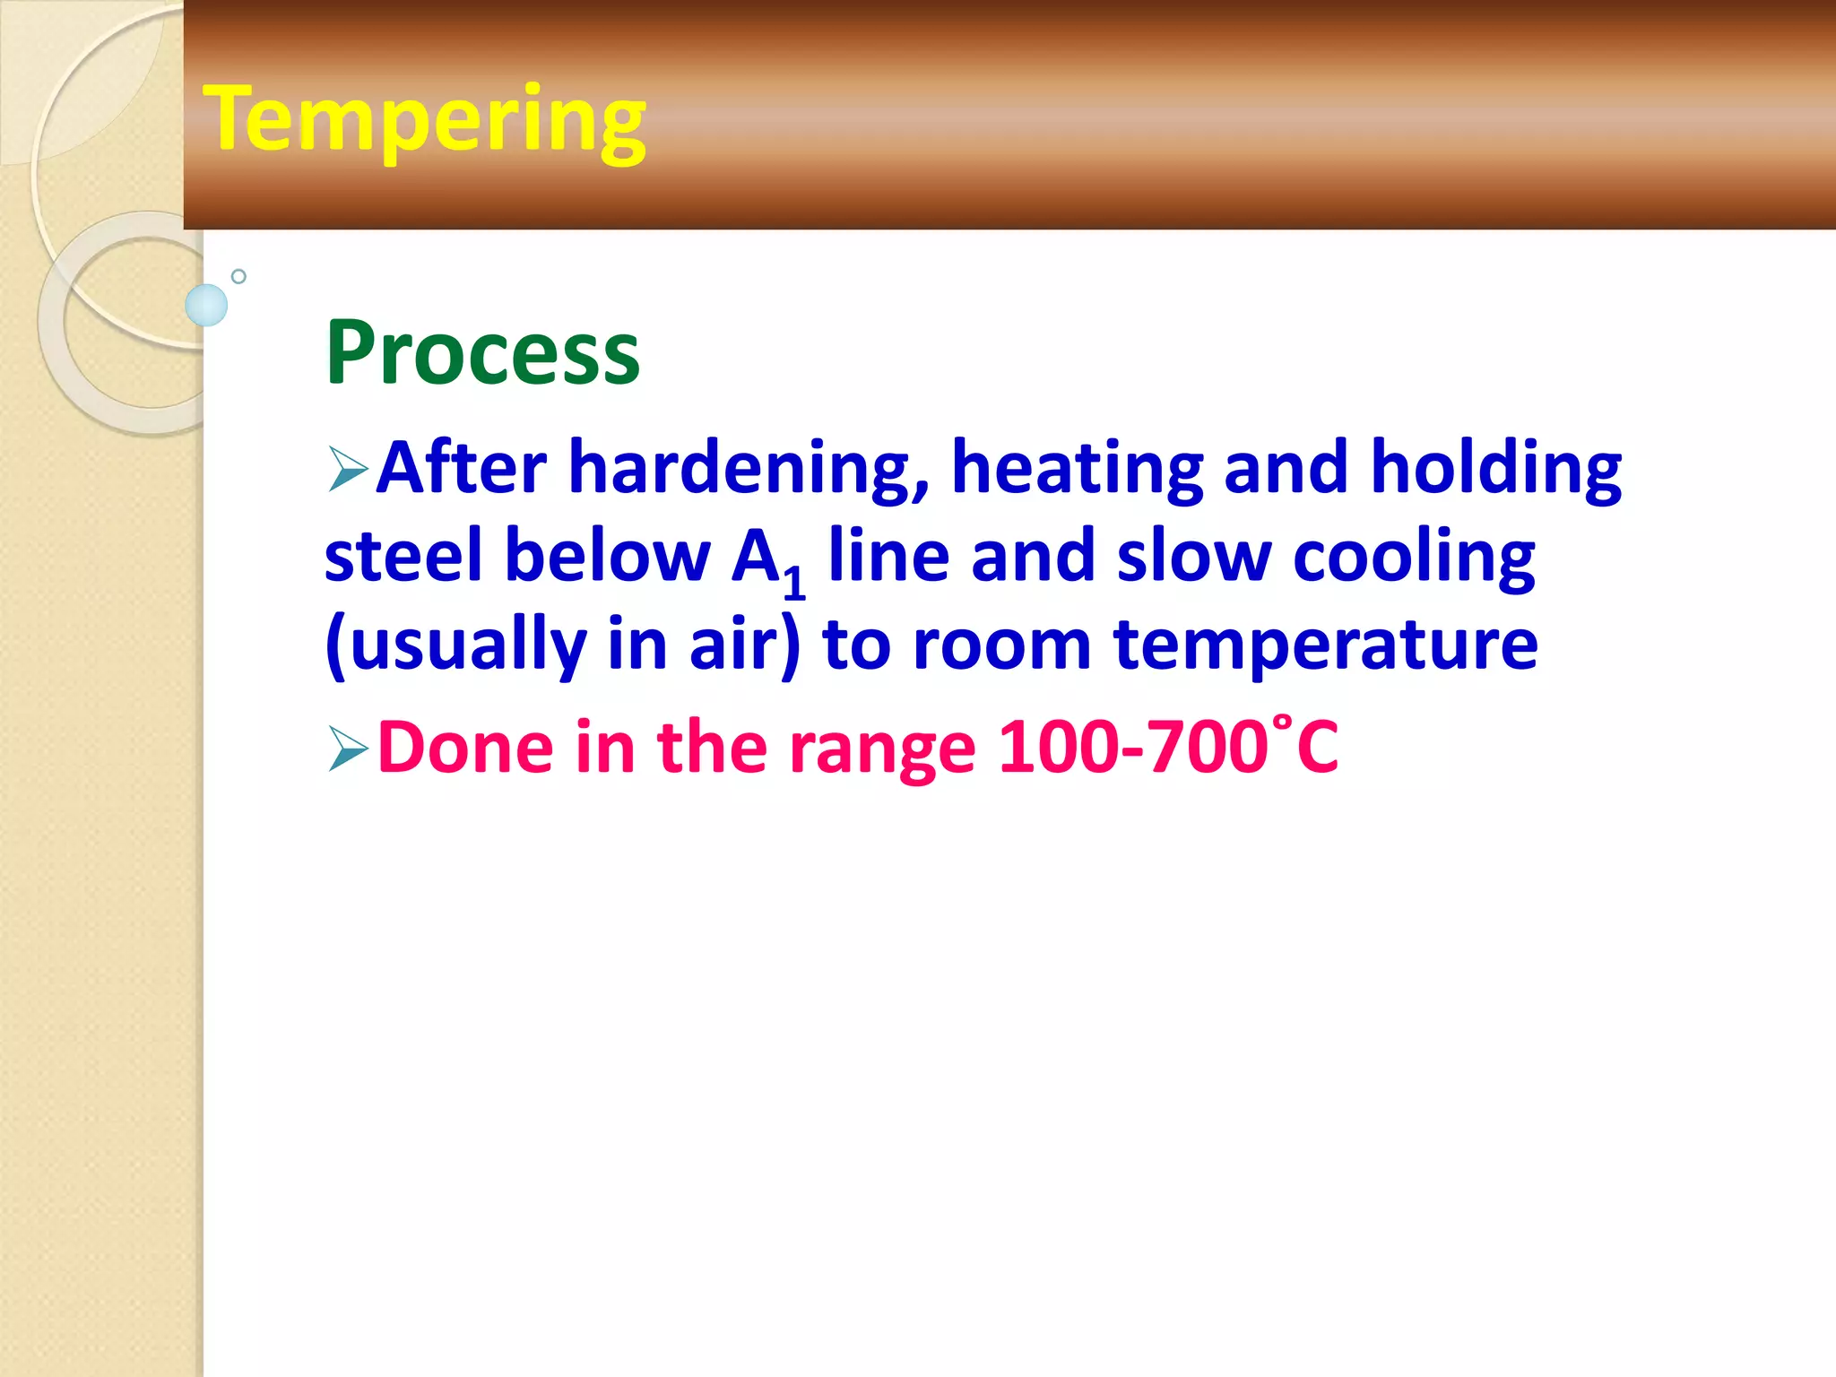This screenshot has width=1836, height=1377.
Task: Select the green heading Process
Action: (482, 354)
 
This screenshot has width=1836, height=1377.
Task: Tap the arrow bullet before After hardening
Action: (348, 469)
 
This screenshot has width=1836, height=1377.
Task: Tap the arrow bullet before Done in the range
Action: (348, 749)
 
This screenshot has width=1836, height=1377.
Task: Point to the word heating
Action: (1076, 469)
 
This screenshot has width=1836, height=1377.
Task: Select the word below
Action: (607, 556)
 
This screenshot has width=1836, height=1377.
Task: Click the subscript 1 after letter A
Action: (794, 582)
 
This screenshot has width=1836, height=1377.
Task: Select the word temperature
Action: (1325, 645)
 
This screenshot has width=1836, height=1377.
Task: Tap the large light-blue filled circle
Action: (206, 305)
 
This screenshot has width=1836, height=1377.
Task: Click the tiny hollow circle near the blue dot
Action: (238, 276)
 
